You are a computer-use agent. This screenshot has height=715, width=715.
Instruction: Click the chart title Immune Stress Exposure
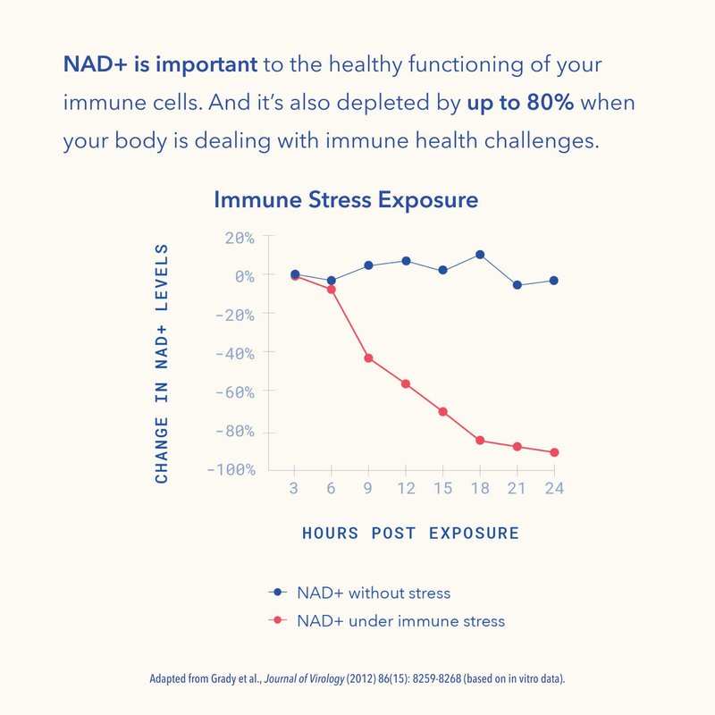pyautogui.click(x=345, y=199)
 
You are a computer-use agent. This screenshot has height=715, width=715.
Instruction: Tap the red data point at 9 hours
pyautogui.click(x=367, y=358)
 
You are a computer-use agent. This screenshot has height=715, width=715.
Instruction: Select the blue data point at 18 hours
pyautogui.click(x=480, y=255)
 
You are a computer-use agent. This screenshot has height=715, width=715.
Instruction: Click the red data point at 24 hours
pyautogui.click(x=554, y=452)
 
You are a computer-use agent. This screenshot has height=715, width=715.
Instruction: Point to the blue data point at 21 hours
pyautogui.click(x=517, y=285)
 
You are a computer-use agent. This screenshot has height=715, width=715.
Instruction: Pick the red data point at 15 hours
pyautogui.click(x=442, y=411)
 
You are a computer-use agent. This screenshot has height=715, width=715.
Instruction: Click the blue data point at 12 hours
pyautogui.click(x=405, y=261)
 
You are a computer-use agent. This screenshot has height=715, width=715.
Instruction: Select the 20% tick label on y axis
pyautogui.click(x=239, y=238)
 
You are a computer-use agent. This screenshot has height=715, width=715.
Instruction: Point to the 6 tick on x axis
pyautogui.click(x=331, y=489)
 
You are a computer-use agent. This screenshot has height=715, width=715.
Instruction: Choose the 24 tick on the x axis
pyautogui.click(x=554, y=489)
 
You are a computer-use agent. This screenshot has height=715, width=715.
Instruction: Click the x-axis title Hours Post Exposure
pyautogui.click(x=410, y=534)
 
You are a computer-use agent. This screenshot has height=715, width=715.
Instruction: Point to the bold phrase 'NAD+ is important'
pyautogui.click(x=160, y=64)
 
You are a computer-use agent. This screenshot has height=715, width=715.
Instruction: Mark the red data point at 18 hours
pyautogui.click(x=480, y=441)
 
